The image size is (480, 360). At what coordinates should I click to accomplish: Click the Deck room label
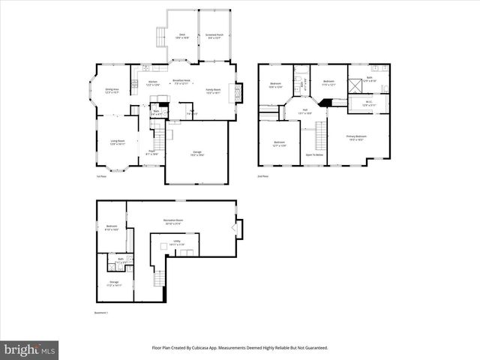181,36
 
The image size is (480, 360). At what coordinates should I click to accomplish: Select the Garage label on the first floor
196,154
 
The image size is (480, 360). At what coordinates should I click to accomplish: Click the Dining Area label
112,91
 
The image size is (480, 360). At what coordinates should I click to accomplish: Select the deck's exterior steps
160,36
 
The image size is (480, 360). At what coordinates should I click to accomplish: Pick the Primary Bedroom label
355,137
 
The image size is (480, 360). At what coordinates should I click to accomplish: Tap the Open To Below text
314,154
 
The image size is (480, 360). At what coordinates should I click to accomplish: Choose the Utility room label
176,244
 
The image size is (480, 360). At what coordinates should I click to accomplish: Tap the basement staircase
158,278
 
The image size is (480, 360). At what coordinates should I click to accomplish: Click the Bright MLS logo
30,349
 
